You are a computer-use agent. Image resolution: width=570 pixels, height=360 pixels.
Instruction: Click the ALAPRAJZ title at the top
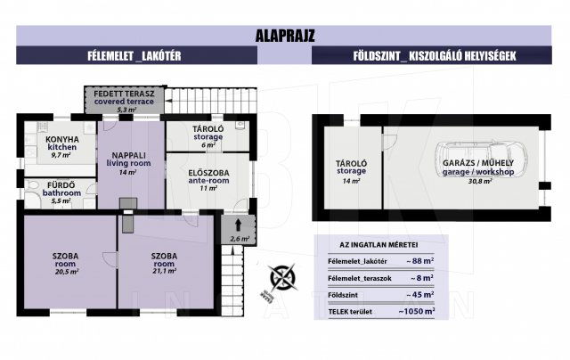coord(285,37)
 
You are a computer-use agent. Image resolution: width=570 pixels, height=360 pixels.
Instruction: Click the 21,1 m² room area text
coord(165,271)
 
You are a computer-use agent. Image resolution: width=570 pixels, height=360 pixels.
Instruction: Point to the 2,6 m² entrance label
coord(240,239)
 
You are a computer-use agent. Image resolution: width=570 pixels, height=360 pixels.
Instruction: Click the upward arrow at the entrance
coord(240,224)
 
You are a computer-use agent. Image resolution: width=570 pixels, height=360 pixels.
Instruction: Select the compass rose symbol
coord(283,278)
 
